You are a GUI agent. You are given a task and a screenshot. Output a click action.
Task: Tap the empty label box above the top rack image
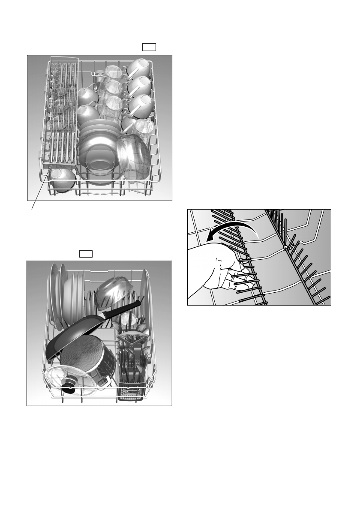coord(149,47)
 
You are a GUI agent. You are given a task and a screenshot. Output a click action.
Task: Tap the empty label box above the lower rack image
coord(86,254)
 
